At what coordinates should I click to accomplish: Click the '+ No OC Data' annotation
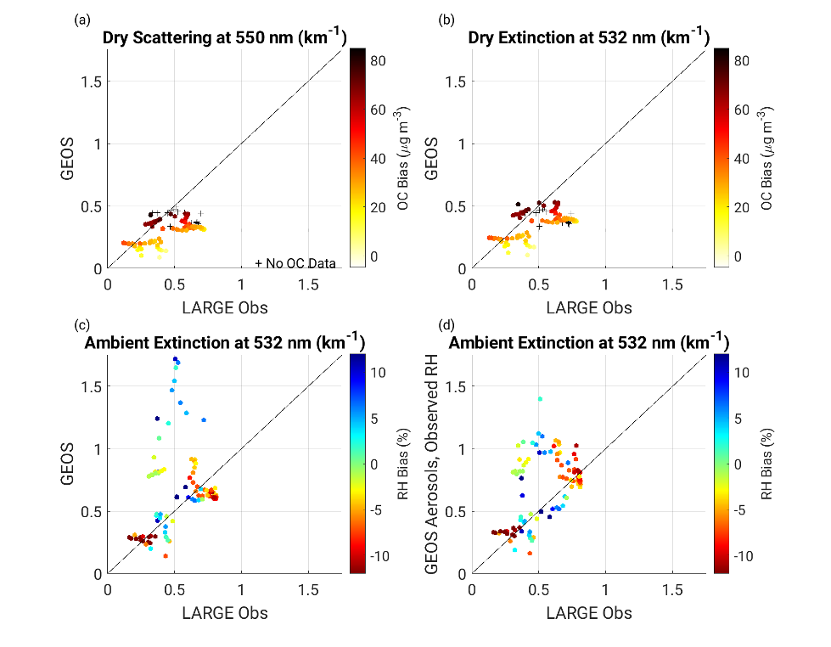coord(295,262)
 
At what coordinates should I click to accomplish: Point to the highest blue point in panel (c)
coord(175,359)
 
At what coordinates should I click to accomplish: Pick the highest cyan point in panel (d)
coord(540,398)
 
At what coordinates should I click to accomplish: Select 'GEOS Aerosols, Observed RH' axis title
coord(433,464)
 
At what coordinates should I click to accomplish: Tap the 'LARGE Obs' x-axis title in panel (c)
coord(225,613)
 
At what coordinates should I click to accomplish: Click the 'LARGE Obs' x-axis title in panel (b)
coord(589,307)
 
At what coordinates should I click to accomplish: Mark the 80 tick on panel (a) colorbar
coord(379,61)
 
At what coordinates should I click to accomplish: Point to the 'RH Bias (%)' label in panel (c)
coord(403,464)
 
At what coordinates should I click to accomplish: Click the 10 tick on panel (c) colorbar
coord(380,372)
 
